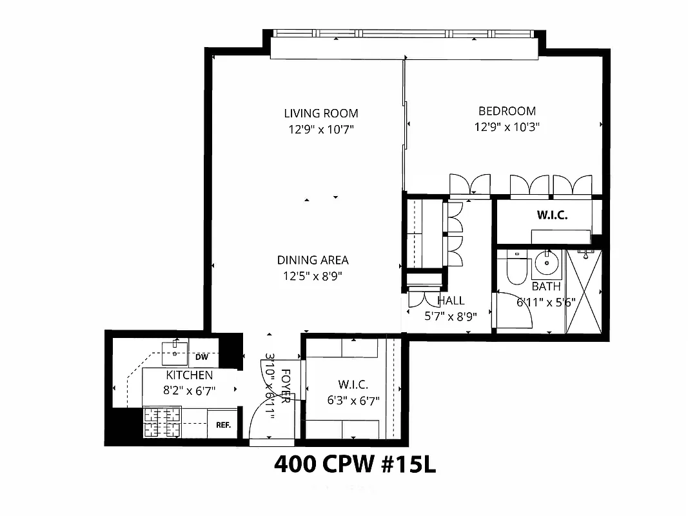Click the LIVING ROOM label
tap(320, 114)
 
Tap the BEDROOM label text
tap(506, 111)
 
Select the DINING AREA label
tap(313, 261)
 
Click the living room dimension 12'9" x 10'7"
tap(320, 130)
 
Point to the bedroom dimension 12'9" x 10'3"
tap(506, 127)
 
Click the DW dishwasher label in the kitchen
tap(201, 357)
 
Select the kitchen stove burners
tap(162, 422)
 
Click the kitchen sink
tap(174, 349)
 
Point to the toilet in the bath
tap(516, 269)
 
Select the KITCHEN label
tap(190, 375)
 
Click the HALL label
tap(451, 301)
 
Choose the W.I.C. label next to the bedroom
tap(552, 215)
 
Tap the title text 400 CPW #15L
tap(355, 464)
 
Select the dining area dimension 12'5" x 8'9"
tap(313, 276)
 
